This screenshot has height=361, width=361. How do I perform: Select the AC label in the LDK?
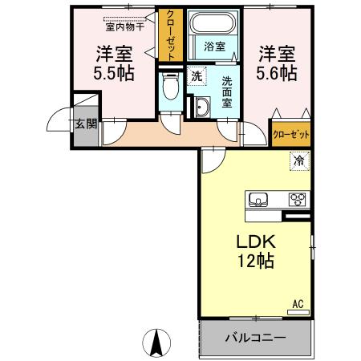pos(297,304)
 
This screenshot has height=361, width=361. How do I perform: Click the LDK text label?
pos(255,241)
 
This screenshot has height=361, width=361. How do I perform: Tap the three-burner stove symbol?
pos(298,200)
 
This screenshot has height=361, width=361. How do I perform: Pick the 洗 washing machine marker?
pos(197,76)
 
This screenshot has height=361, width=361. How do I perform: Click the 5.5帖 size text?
pos(113,72)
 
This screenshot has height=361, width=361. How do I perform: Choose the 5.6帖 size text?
pos(278,72)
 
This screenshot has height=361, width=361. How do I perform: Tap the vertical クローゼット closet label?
pos(170,35)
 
